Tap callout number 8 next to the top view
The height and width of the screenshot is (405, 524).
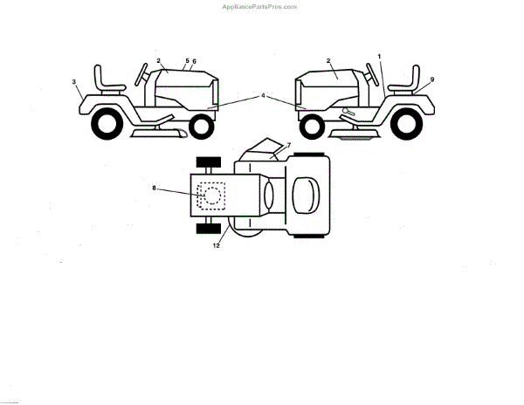click(155, 188)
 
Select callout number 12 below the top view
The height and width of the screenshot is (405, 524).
click(217, 245)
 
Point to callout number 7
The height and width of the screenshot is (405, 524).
click(289, 143)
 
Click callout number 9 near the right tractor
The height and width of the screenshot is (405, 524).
click(431, 79)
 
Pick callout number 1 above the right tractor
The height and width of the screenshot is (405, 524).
click(380, 56)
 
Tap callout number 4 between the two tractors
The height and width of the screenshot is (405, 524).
click(261, 95)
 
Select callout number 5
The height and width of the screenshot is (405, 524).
click(186, 61)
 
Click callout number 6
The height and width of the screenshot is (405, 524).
click(194, 61)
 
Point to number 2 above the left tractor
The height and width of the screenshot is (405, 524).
click(159, 60)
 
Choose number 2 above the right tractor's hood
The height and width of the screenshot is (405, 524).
click(327, 60)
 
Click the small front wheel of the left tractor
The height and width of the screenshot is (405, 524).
click(201, 127)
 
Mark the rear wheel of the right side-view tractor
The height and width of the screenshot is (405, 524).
click(406, 125)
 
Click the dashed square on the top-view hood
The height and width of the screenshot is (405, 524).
click(210, 195)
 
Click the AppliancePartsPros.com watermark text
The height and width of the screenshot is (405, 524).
click(261, 6)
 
